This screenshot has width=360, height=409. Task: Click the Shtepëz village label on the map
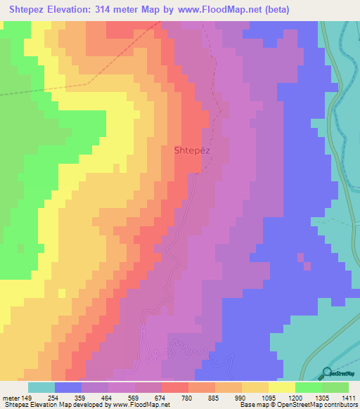click(x=191, y=150)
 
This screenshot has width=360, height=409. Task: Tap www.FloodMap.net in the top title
click(x=217, y=10)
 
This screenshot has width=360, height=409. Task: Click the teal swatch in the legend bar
click(x=41, y=387)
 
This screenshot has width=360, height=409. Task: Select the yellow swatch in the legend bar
click(x=282, y=387)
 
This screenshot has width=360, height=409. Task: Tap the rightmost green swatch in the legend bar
click(x=335, y=387)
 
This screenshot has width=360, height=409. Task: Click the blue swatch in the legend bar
click(x=68, y=387)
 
